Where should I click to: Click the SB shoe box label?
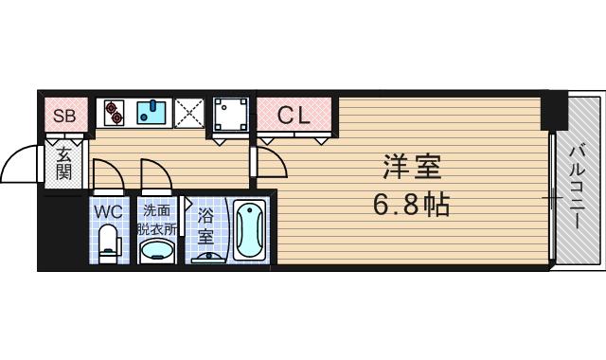[x=64, y=117]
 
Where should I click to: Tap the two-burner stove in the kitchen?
[x=114, y=113]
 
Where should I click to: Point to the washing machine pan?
[x=231, y=115]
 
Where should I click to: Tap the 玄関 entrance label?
[x=63, y=164]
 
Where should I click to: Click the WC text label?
[x=106, y=210]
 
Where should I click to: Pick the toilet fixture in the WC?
[x=109, y=243]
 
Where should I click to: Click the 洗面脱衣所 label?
[x=156, y=219]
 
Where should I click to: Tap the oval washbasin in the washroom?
[x=156, y=250]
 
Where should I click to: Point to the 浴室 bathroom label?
[x=205, y=222]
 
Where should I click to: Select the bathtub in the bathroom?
[x=250, y=233]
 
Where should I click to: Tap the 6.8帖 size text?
[x=412, y=204]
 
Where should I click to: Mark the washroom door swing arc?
[x=155, y=174]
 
